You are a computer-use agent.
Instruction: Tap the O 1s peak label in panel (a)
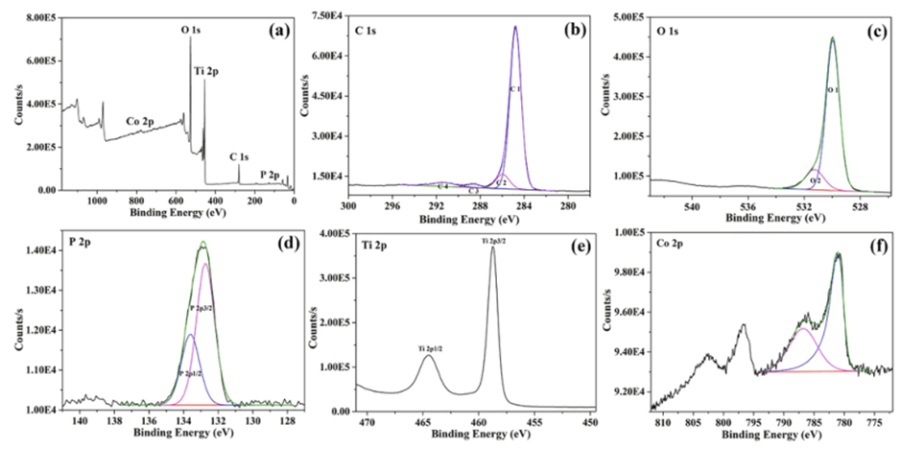(x=192, y=31)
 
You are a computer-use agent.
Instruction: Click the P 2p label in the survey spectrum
(x=271, y=176)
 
